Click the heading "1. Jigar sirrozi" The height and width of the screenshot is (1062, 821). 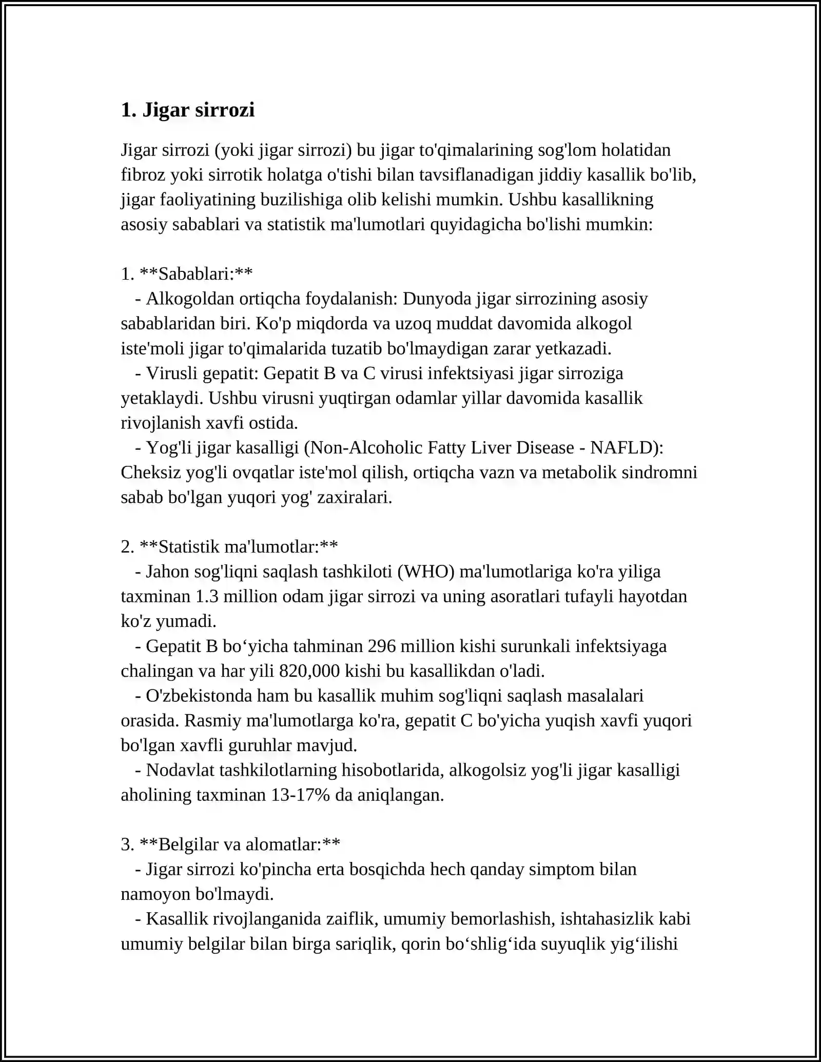pos(188,110)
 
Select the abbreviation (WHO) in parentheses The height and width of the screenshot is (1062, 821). pos(425,572)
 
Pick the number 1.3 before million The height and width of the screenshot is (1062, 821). pos(207,597)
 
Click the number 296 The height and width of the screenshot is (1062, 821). pos(381,646)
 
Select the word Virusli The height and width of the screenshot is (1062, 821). pos(171,373)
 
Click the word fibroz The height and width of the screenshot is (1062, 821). pos(143,175)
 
